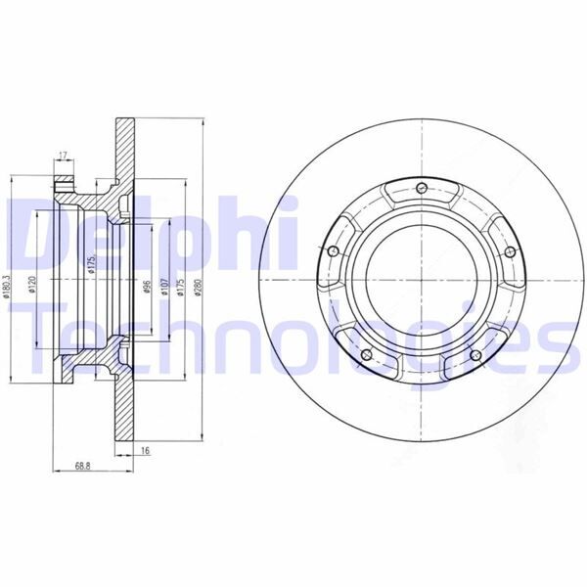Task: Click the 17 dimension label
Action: click(64, 155)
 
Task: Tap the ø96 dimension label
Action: click(146, 287)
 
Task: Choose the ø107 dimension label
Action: click(164, 287)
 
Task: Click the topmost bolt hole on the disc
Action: click(420, 188)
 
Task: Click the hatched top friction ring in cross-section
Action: click(126, 147)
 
